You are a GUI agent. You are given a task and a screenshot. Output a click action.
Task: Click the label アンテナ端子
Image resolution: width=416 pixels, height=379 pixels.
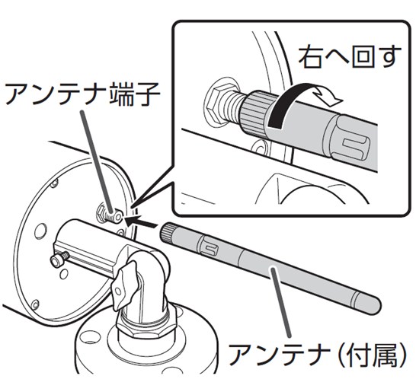[83, 94]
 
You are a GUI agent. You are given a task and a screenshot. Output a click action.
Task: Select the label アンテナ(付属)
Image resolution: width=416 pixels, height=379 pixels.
[317, 354]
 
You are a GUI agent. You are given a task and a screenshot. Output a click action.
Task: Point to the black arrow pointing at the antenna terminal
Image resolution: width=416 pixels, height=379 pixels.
[141, 221]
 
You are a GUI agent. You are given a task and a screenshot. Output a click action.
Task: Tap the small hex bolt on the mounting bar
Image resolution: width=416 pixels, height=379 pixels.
[59, 259]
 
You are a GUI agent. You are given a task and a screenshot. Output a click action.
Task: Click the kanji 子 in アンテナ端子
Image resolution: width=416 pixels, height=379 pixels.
[148, 94]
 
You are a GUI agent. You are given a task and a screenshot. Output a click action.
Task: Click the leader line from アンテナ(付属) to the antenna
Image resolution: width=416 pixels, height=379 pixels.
[280, 302]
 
